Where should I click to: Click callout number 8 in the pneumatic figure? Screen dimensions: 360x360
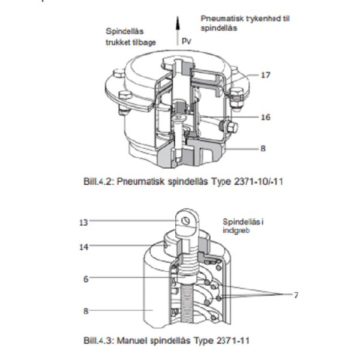263,148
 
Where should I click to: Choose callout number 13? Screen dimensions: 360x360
84,222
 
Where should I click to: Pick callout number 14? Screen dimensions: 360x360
84,246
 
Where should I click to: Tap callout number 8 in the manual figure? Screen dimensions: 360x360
86,311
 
